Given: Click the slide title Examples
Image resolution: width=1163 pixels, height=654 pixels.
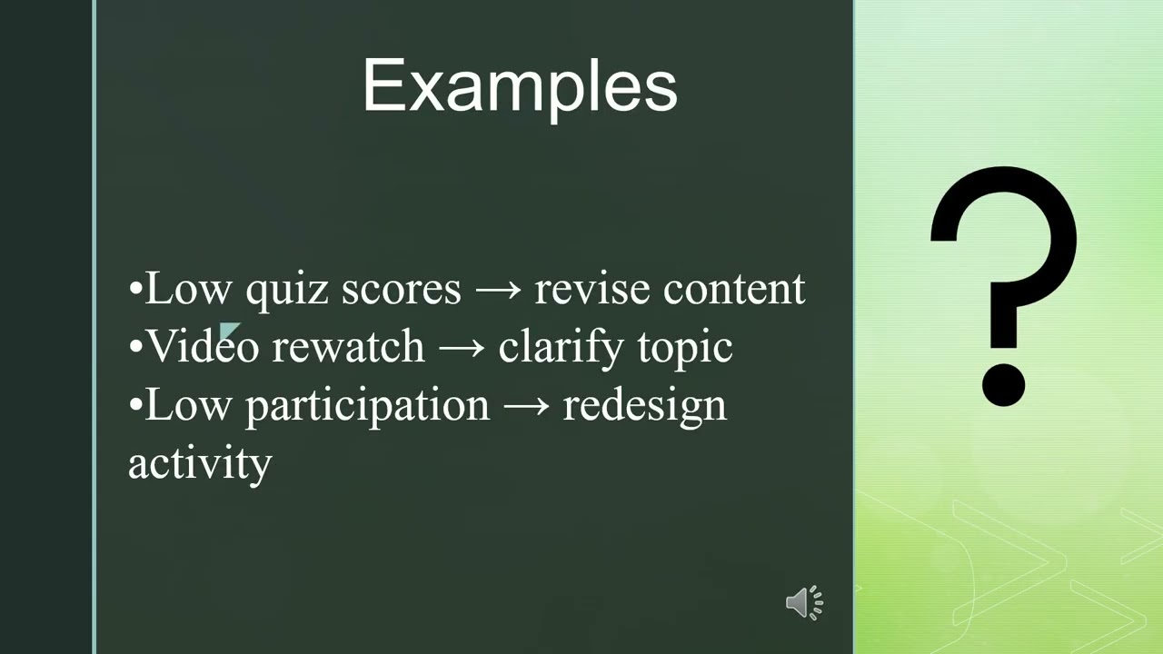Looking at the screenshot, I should pyautogui.click(x=520, y=87).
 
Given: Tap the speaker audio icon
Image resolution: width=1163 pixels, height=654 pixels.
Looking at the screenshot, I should pyautogui.click(x=804, y=603).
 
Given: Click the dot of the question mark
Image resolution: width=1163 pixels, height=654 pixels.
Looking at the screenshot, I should pyautogui.click(x=1004, y=384).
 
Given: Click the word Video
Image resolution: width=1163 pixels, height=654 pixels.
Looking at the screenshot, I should pyautogui.click(x=203, y=347).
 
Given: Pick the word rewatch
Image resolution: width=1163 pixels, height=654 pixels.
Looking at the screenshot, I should pyautogui.click(x=348, y=347).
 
